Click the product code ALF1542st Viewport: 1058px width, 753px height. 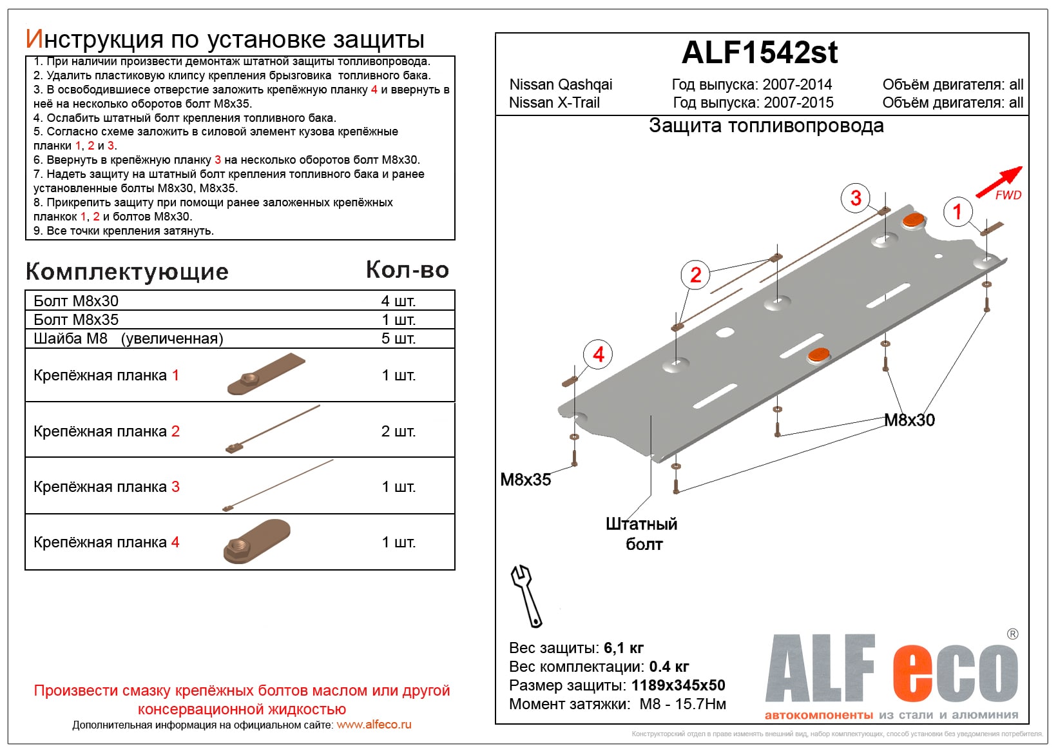click(760, 53)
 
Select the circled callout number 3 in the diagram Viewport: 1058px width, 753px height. click(855, 198)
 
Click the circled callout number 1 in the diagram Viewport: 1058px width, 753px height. click(957, 211)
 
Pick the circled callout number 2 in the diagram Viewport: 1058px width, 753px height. click(695, 275)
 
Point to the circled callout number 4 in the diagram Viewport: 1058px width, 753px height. click(598, 355)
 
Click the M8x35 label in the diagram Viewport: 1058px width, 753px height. click(526, 480)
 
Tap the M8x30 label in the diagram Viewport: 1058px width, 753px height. click(909, 420)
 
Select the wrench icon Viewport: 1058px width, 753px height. click(526, 596)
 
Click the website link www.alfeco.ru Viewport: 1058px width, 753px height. click(374, 725)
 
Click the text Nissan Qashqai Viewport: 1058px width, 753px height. click(561, 84)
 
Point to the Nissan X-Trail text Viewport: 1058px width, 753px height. click(554, 103)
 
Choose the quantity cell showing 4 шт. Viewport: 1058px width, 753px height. click(398, 301)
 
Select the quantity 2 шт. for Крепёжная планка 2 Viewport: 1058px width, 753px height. click(398, 431)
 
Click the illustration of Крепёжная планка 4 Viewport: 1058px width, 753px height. click(257, 542)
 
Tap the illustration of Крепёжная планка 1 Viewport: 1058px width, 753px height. click(265, 375)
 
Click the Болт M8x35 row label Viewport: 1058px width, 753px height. click(76, 320)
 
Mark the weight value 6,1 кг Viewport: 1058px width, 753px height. click(624, 648)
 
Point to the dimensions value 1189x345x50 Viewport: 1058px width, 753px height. click(678, 685)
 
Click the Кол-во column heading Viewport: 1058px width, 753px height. click(407, 270)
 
